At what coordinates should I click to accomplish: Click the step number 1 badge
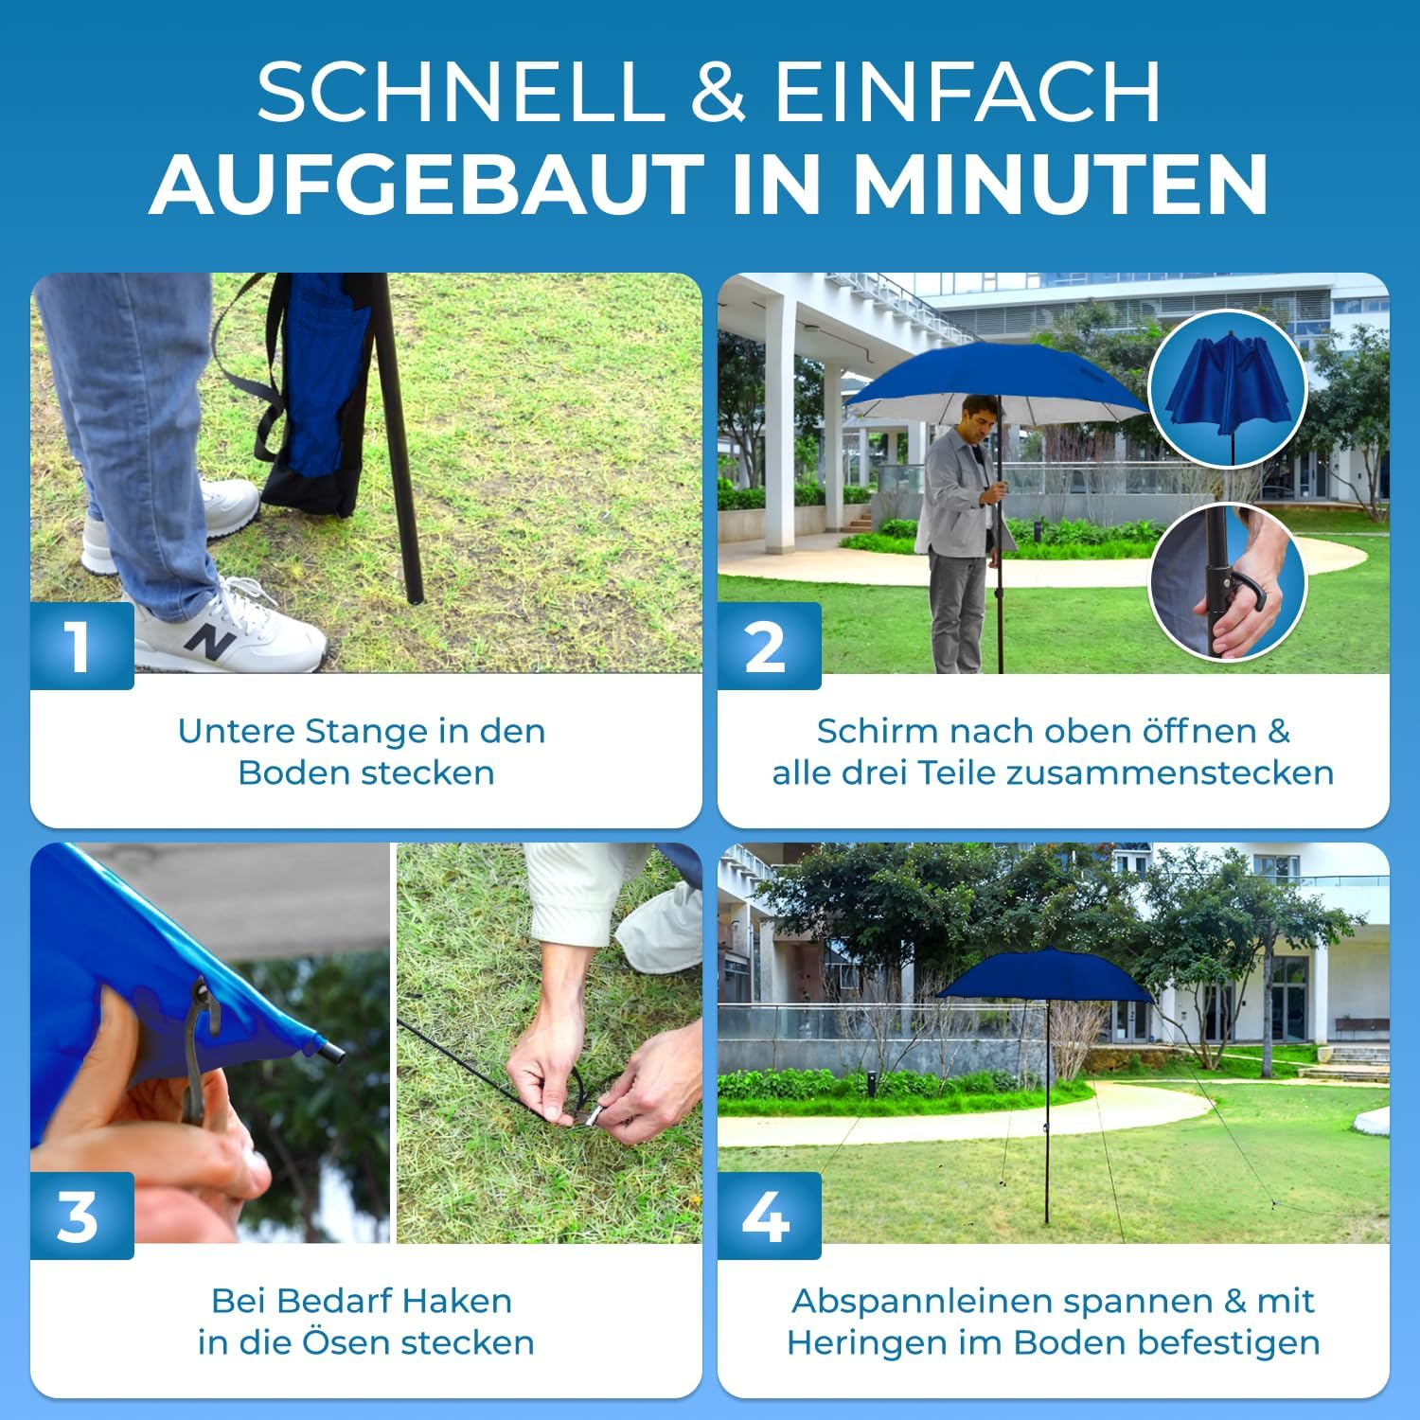[x=81, y=646]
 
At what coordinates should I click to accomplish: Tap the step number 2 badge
[x=769, y=646]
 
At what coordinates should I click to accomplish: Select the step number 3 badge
[x=81, y=1216]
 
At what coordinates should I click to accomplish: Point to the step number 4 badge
[x=769, y=1216]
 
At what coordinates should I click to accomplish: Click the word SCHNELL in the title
[x=460, y=92]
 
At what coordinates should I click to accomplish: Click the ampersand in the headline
[x=719, y=92]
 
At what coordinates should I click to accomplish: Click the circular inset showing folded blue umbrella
[x=1227, y=388]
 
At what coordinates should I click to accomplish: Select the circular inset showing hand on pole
[x=1227, y=582]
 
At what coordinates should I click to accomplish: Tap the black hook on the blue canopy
[x=201, y=1041]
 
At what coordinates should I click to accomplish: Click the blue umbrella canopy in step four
[x=1046, y=974]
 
